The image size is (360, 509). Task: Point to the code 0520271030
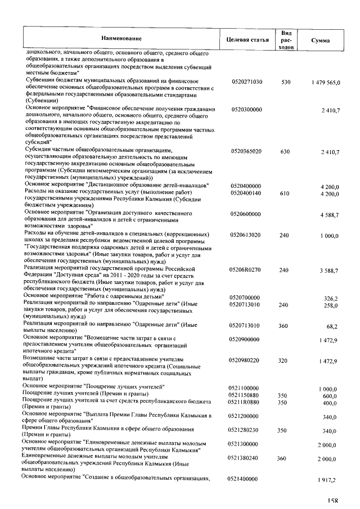pyautogui.click(x=246, y=82)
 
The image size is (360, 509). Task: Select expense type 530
pyautogui.click(x=286, y=82)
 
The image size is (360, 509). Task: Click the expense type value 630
pyautogui.click(x=285, y=152)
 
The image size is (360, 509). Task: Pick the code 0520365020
pyautogui.click(x=246, y=152)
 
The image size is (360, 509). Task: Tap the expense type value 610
pyautogui.click(x=285, y=193)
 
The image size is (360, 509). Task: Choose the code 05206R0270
pyautogui.click(x=245, y=271)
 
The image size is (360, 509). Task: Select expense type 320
pyautogui.click(x=285, y=361)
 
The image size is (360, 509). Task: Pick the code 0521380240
pyautogui.click(x=245, y=458)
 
